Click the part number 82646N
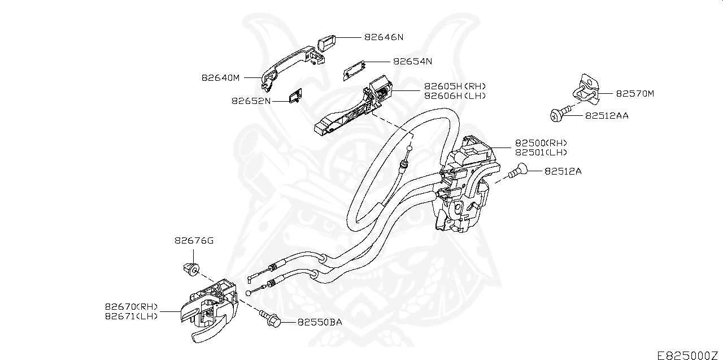pyautogui.click(x=384, y=37)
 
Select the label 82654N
pyautogui.click(x=412, y=61)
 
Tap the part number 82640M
pyautogui.click(x=221, y=78)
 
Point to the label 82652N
pyautogui.click(x=251, y=101)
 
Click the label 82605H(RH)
pyautogui.click(x=455, y=86)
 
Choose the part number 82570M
pyautogui.click(x=635, y=94)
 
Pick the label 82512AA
pyautogui.click(x=607, y=115)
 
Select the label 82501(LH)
pyautogui.click(x=541, y=153)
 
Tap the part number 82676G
pyautogui.click(x=194, y=241)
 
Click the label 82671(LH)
pyautogui.click(x=131, y=316)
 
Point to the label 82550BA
pyautogui.click(x=320, y=323)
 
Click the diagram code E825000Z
pyautogui.click(x=689, y=355)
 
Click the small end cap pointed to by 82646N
pyautogui.click(x=327, y=42)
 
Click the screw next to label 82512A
pyautogui.click(x=517, y=170)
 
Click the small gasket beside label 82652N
pyautogui.click(x=295, y=97)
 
